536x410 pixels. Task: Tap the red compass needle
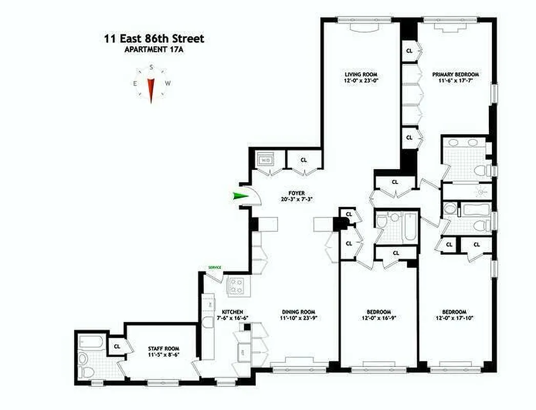(x=151, y=90)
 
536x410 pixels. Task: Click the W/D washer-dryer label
(x=266, y=160)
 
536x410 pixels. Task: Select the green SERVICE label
(x=214, y=268)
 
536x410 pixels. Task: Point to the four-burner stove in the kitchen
(x=236, y=285)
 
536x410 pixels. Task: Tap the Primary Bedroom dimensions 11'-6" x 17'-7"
(x=455, y=80)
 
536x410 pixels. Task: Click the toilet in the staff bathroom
(x=87, y=372)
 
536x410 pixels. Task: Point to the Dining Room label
(x=298, y=312)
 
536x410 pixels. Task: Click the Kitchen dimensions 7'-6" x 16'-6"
(x=232, y=318)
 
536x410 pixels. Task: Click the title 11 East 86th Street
(x=154, y=39)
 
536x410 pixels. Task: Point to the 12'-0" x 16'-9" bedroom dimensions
(x=379, y=318)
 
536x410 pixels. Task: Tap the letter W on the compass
(x=168, y=84)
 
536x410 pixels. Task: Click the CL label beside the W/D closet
(x=304, y=160)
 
